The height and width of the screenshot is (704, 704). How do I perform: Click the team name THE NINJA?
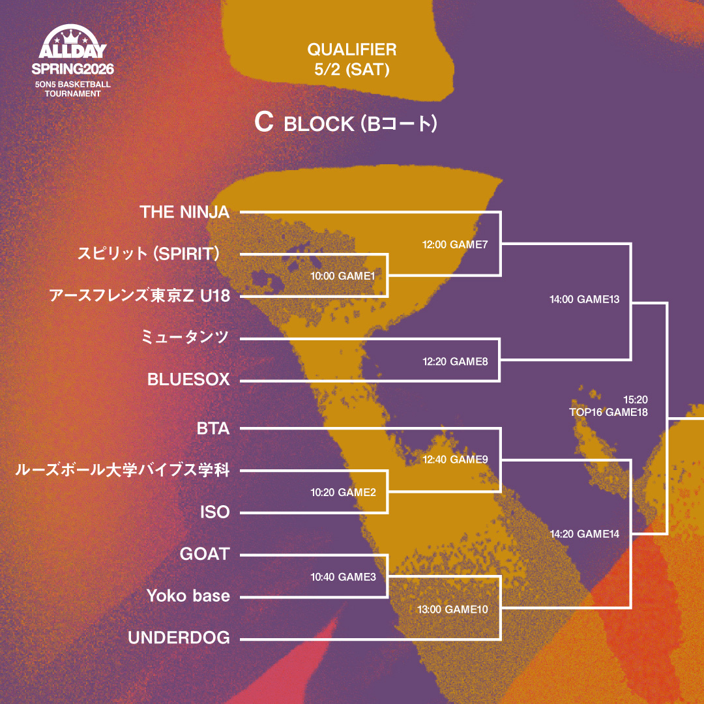pyautogui.click(x=185, y=212)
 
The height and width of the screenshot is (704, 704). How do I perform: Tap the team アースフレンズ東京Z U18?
pyautogui.click(x=139, y=296)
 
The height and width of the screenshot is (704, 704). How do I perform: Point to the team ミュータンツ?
pyautogui.click(x=185, y=337)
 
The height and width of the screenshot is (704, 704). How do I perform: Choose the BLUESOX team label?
pyautogui.click(x=188, y=379)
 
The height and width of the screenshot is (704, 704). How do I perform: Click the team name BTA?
pyautogui.click(x=213, y=428)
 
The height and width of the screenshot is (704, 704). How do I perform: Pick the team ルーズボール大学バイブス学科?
pyautogui.click(x=123, y=470)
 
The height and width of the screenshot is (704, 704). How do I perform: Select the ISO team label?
pyautogui.click(x=214, y=512)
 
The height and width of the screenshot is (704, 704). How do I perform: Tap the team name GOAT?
pyautogui.click(x=205, y=554)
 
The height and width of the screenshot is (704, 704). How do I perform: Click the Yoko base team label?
pyautogui.click(x=188, y=596)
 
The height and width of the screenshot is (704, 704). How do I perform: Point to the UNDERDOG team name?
pyautogui.click(x=179, y=638)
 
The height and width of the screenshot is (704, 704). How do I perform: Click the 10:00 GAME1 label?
pyautogui.click(x=343, y=276)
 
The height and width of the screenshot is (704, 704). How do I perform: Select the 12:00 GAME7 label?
pyautogui.click(x=455, y=245)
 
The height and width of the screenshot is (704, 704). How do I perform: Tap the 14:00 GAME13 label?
pyautogui.click(x=584, y=300)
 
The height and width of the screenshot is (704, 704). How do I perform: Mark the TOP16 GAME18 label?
pyautogui.click(x=608, y=412)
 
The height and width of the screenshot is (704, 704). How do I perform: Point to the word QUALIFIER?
pyautogui.click(x=352, y=49)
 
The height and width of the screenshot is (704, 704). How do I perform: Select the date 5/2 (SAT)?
pyautogui.click(x=352, y=70)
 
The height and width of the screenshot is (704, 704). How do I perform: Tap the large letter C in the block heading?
pyautogui.click(x=263, y=123)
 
